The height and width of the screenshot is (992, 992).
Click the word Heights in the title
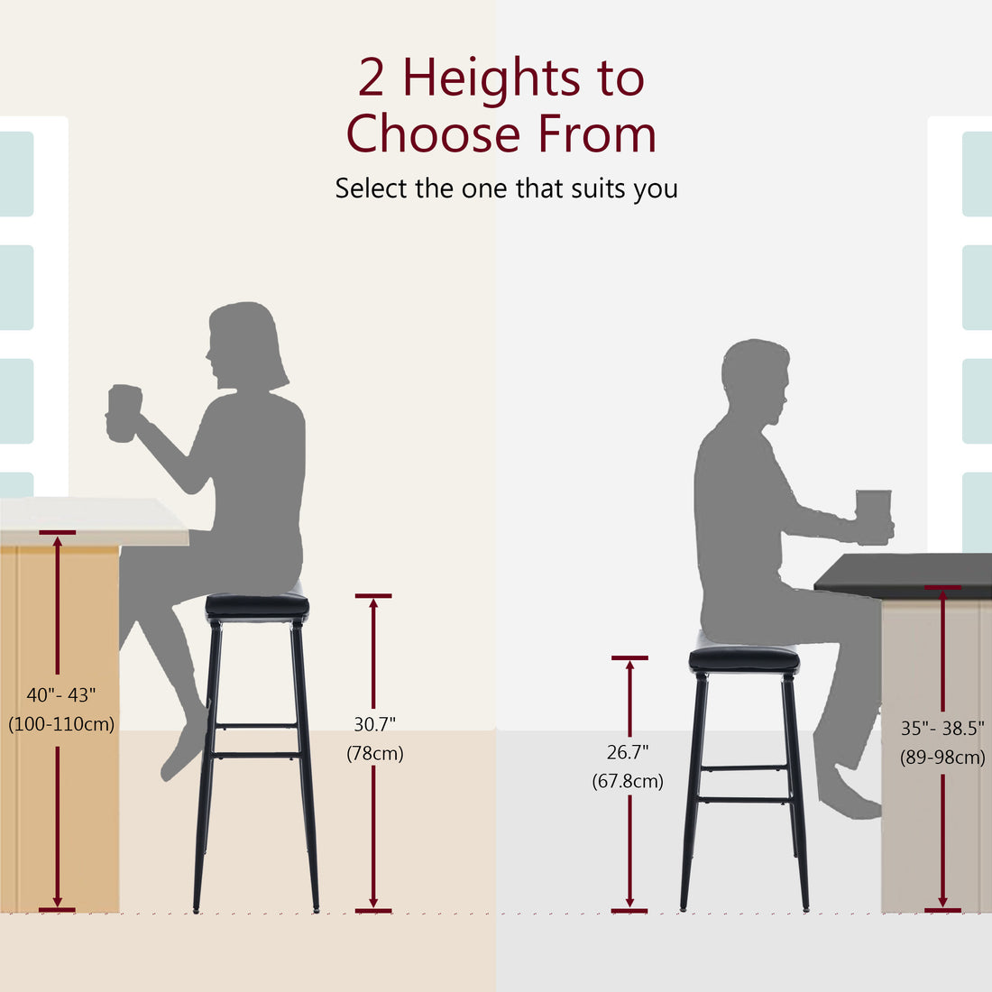(x=491, y=78)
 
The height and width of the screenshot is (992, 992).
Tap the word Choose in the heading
(x=433, y=135)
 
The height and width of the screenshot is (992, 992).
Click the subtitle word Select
(x=371, y=188)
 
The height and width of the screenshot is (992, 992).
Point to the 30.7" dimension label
(x=374, y=723)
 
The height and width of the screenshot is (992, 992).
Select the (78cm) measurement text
(x=374, y=753)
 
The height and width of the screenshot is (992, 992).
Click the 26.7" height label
(x=628, y=751)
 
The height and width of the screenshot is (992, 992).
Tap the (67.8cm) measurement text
(x=628, y=781)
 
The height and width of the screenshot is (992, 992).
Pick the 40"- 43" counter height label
(x=60, y=694)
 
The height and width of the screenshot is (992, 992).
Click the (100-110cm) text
(x=60, y=723)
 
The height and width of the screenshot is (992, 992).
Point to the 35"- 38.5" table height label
(x=942, y=729)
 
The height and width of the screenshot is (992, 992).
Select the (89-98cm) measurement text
(x=942, y=758)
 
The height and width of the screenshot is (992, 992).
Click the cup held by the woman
(x=124, y=414)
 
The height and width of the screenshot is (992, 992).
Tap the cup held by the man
(x=873, y=516)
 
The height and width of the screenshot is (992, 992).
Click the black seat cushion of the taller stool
(x=257, y=607)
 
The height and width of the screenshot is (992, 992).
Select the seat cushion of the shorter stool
(x=744, y=660)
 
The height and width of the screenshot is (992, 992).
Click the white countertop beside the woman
(x=90, y=521)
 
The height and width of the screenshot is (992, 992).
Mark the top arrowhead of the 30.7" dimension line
(x=373, y=603)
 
